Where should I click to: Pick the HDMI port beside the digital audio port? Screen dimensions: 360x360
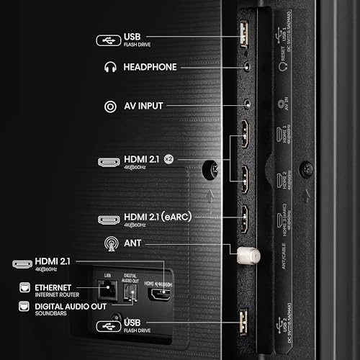[158, 293]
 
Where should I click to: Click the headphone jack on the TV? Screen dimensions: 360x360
[247, 66]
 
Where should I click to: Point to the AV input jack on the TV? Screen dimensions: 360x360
[247, 105]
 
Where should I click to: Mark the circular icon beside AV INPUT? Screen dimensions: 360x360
[110, 107]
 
